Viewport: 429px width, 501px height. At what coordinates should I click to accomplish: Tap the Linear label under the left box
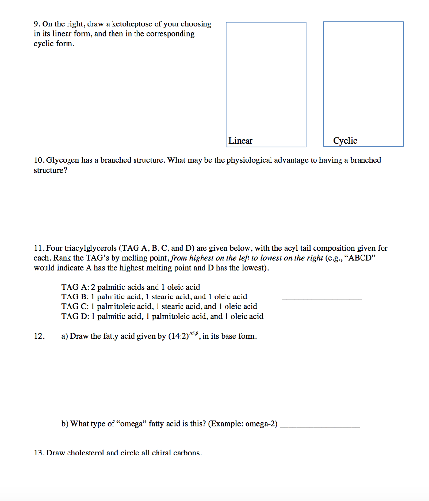[240, 141]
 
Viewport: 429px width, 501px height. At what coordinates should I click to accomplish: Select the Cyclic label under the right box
[345, 141]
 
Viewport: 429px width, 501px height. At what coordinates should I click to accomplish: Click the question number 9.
[37, 24]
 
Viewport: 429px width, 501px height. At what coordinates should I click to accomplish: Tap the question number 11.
[39, 249]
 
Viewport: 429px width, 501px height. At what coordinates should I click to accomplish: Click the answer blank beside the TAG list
[322, 298]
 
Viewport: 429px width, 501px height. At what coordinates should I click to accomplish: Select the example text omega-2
[261, 424]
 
